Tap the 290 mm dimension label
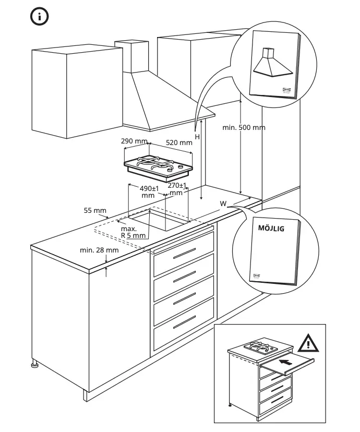[134, 141]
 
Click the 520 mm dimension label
[179, 142]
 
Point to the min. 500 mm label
[244, 127]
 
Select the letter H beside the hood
[197, 137]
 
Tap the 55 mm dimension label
[94, 210]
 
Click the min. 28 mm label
[99, 250]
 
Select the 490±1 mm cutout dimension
[149, 191]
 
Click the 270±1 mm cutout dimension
[177, 189]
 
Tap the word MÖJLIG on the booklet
[271, 228]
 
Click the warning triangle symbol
[308, 343]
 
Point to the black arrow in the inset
[286, 360]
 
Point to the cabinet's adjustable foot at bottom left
[35, 365]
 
